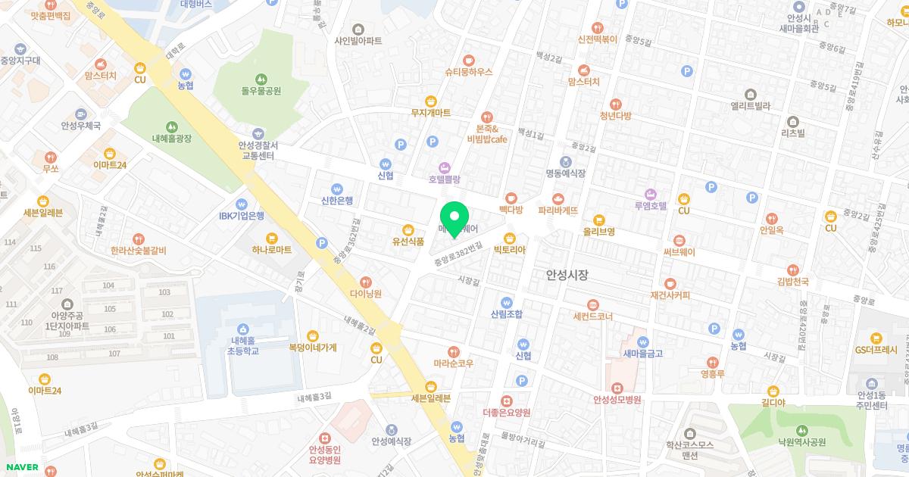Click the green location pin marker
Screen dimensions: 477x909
pos(454,218)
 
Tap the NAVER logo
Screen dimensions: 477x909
pos(21,467)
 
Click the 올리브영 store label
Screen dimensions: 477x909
pos(598,231)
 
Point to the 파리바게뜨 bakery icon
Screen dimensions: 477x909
pos(558,198)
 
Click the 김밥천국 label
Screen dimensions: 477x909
pos(792,282)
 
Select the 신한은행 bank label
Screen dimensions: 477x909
pos(337,200)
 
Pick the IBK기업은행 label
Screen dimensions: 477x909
pos(242,216)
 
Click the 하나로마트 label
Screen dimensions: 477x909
pos(273,249)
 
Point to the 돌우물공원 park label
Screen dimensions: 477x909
pos(261,91)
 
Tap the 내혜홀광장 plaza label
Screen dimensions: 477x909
pos(172,139)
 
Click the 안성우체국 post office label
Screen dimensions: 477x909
pos(81,126)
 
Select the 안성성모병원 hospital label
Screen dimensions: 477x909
pos(617,400)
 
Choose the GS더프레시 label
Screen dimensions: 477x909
pos(876,350)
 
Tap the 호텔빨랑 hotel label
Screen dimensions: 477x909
pos(445,179)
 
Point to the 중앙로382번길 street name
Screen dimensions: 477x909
pos(458,252)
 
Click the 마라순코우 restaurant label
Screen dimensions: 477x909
pos(453,363)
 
